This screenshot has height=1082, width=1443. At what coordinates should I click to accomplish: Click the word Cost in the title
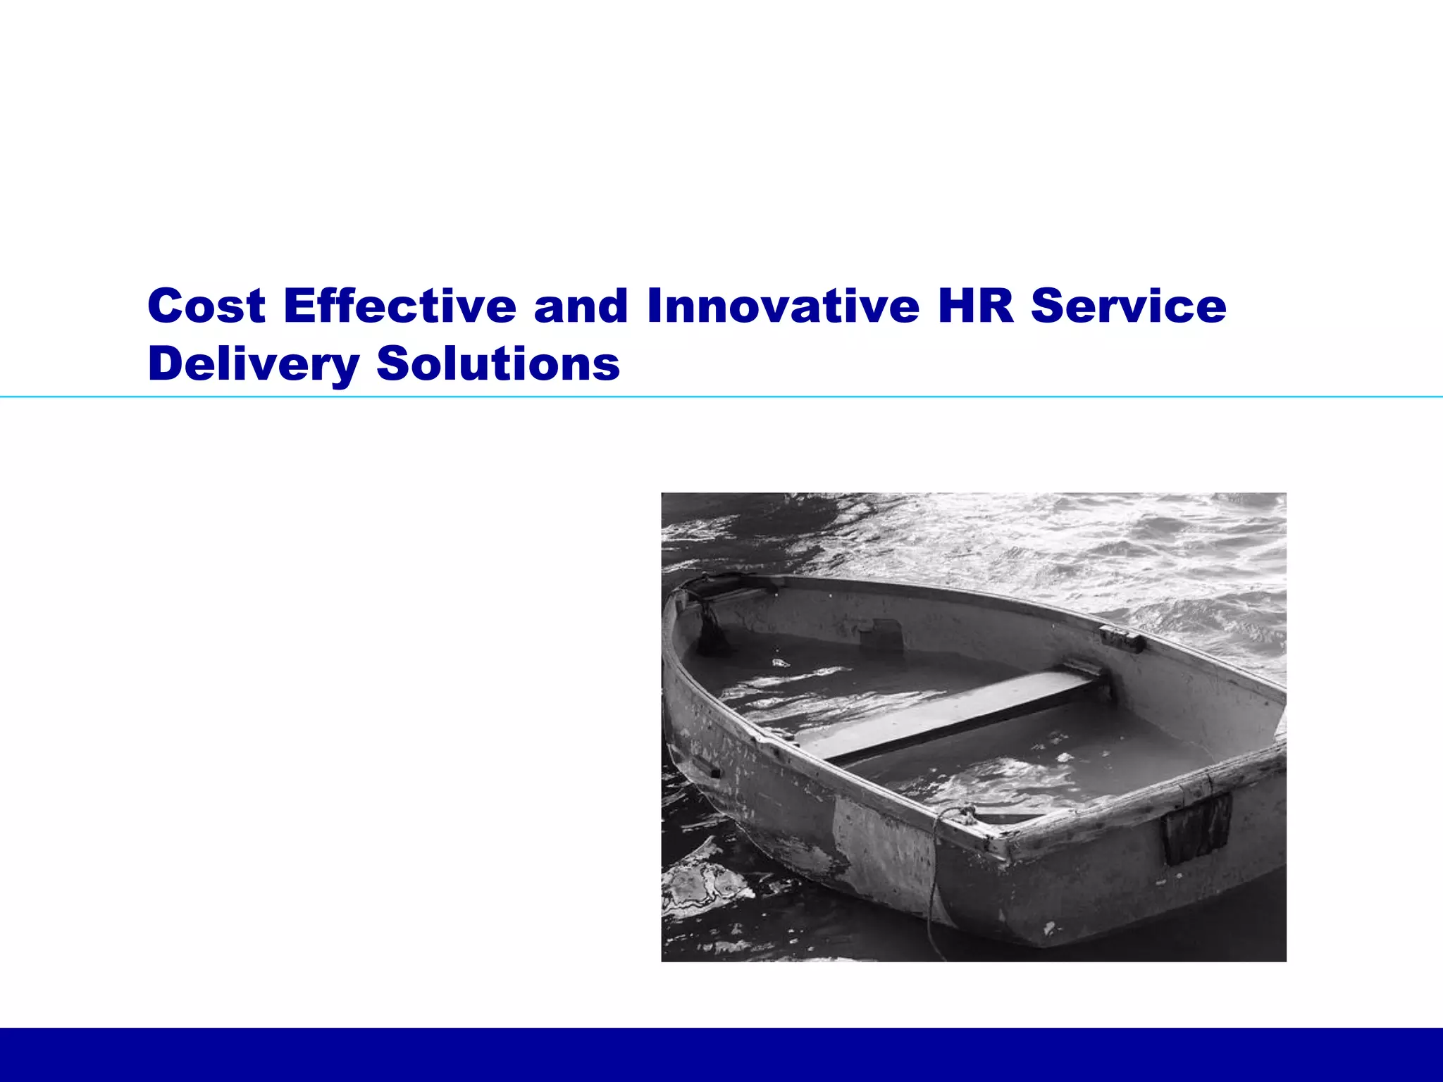tap(206, 306)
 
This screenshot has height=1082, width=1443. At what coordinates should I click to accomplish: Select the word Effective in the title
tap(400, 306)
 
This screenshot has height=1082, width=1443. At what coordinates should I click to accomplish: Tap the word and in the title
tap(581, 306)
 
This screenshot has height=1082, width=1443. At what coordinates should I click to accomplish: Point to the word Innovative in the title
tap(783, 306)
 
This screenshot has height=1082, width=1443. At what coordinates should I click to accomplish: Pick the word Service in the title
tap(1128, 306)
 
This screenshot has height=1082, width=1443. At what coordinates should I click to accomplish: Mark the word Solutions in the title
tap(498, 364)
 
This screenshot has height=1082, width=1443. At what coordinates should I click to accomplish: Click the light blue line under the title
tap(721, 397)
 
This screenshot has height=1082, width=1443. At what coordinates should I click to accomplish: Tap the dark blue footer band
tap(721, 1055)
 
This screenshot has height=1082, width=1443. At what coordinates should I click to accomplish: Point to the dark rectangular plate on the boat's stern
tap(1196, 828)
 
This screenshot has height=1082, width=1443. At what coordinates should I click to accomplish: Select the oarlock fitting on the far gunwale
tap(1121, 638)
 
